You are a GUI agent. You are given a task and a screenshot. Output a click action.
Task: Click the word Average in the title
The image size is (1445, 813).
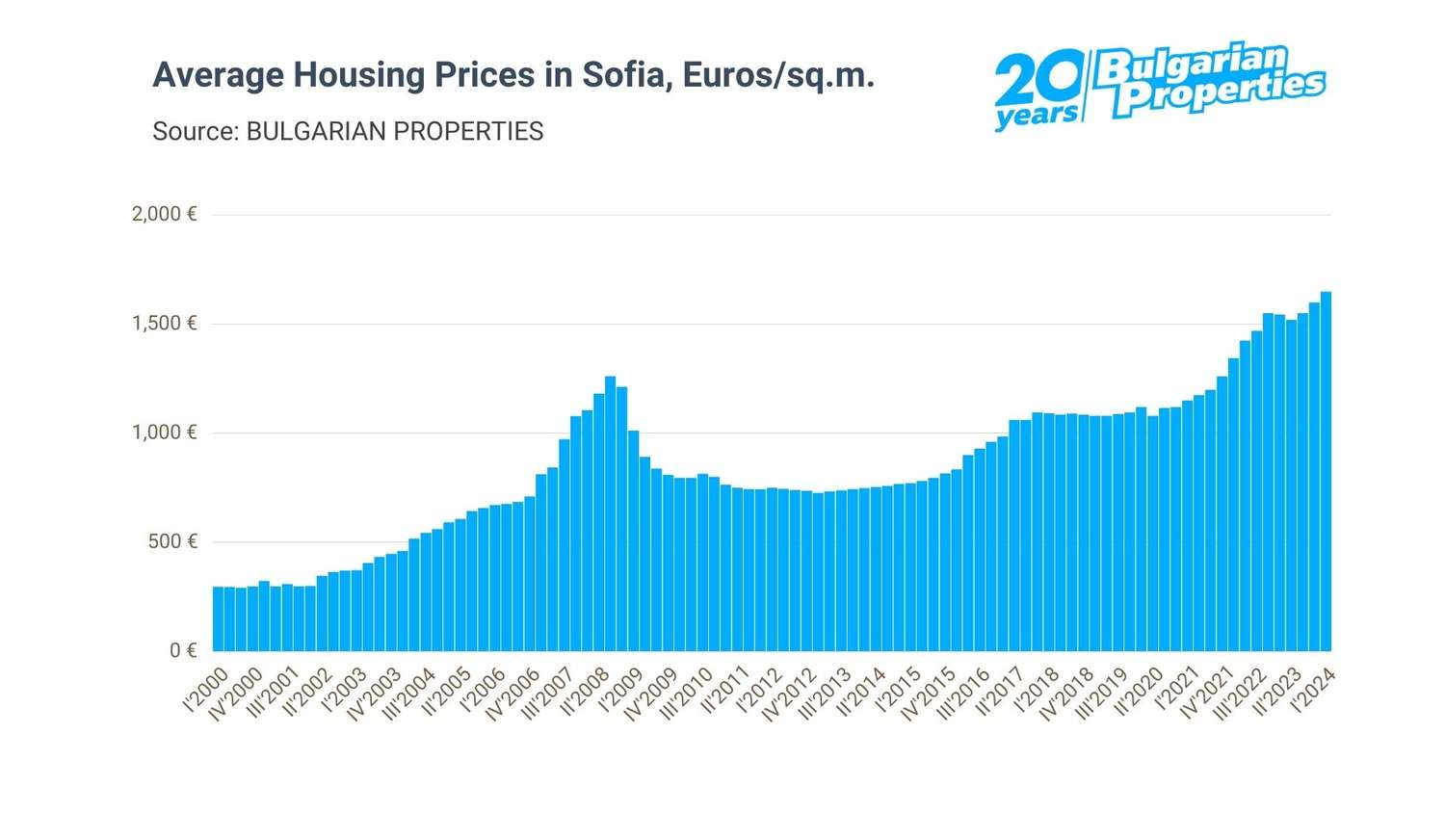point(218,75)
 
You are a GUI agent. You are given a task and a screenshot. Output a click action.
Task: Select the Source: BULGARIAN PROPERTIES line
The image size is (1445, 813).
point(348,131)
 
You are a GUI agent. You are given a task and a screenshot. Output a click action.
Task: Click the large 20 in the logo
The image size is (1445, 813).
point(1038,84)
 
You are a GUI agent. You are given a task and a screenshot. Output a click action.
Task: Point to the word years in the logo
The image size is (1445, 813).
point(1037,117)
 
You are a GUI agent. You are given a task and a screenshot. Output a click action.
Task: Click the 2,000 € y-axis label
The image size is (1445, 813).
point(165,214)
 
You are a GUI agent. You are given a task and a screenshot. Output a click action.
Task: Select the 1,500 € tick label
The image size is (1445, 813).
point(165,324)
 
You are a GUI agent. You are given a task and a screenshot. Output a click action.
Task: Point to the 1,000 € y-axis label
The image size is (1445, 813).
point(165,433)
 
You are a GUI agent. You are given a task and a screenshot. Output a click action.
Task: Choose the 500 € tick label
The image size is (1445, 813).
point(172,541)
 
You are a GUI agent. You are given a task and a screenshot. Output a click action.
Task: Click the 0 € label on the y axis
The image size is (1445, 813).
point(183,651)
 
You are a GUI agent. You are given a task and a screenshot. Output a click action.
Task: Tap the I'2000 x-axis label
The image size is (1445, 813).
point(206,691)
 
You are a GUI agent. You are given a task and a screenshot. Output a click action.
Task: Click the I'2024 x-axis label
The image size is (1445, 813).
point(1313,691)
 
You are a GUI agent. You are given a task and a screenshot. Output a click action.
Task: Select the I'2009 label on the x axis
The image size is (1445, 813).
point(621,691)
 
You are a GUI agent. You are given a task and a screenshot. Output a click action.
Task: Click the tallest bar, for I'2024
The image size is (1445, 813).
point(1326,472)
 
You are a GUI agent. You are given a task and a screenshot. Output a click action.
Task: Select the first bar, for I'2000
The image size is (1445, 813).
point(218,618)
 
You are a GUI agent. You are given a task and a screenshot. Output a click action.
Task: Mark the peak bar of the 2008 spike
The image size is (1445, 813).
point(610,513)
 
